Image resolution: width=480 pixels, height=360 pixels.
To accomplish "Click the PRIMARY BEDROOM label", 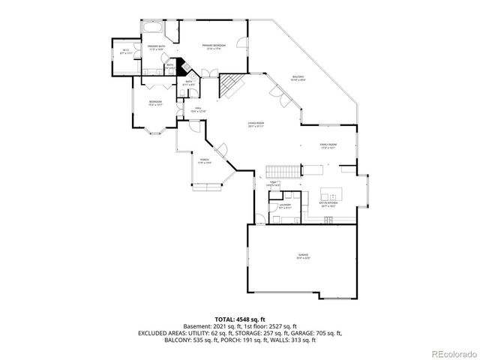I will [x=214, y=47].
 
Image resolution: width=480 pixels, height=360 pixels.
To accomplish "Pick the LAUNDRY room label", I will [x=285, y=205].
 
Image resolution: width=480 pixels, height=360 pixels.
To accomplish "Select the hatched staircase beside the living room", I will [x=228, y=85].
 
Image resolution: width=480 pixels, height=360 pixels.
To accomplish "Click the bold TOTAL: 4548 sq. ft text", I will [x=239, y=319].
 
